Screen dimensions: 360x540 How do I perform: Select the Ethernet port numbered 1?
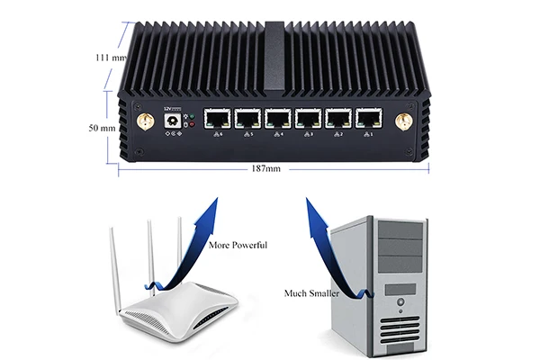coord(368,119)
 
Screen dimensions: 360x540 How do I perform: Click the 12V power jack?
coord(168,123)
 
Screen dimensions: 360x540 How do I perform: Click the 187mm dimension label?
coord(265,168)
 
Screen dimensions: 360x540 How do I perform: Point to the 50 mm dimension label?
coord(102,129)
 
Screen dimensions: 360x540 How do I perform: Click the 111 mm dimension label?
coord(109,58)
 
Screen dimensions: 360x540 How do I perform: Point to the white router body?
coord(180,306)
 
